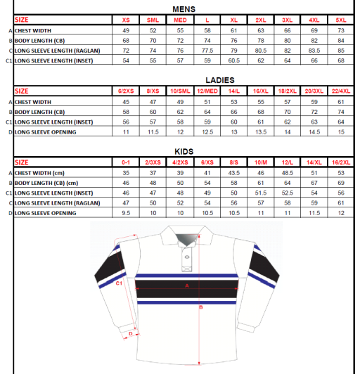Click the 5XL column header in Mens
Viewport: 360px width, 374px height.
tap(342, 20)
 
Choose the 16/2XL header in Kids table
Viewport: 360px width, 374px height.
tap(342, 162)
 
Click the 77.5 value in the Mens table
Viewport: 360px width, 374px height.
tap(207, 51)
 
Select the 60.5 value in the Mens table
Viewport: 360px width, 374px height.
tap(234, 61)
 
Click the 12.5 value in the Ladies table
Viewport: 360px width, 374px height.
tap(207, 131)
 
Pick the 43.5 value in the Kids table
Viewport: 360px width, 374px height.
tap(233, 172)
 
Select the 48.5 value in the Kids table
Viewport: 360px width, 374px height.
tap(288, 172)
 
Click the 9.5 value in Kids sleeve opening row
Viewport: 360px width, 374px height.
tap(127, 212)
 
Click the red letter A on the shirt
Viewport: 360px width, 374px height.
tap(187, 285)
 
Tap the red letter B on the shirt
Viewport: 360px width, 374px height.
tap(201, 308)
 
